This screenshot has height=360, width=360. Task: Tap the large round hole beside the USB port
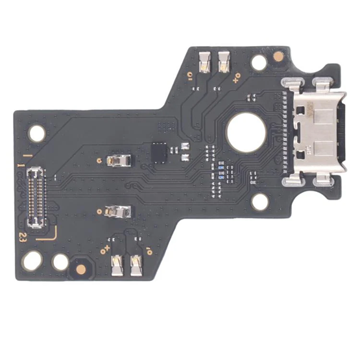(246, 136)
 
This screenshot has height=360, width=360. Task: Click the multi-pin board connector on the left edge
(36, 198)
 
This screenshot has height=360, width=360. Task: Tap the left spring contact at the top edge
(205, 62)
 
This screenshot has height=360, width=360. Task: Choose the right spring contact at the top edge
(226, 61)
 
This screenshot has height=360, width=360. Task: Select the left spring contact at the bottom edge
(117, 263)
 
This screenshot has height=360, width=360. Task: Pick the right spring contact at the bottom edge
(137, 263)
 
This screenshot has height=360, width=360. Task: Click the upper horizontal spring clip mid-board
(119, 159)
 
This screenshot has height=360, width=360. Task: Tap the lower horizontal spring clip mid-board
(120, 211)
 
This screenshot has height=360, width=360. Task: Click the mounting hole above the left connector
(38, 134)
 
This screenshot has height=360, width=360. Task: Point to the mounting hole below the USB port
(259, 202)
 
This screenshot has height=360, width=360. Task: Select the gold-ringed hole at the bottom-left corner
(32, 261)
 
